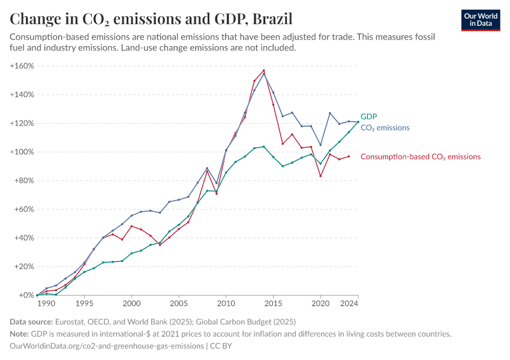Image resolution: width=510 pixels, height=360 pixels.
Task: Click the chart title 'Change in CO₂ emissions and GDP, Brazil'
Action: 151,19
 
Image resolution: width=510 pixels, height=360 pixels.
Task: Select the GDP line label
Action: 368,117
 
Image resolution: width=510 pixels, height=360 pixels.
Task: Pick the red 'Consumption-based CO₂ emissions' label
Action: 420,157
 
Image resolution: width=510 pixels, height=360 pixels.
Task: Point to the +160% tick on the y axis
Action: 22,65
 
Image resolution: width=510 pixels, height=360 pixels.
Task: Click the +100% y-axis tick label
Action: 22,152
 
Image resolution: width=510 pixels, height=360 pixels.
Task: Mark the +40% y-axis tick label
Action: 23,238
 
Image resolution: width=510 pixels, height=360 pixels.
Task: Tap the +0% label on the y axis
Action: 26,295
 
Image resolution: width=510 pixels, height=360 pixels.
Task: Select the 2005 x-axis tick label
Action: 179,304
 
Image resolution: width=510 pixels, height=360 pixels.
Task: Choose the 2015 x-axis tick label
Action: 273,304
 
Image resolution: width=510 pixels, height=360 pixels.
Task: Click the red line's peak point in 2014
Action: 263,70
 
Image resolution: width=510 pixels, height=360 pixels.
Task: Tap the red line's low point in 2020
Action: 320,176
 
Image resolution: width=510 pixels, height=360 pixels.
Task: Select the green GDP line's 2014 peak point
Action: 263,146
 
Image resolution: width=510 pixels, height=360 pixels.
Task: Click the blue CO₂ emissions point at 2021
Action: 330,113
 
